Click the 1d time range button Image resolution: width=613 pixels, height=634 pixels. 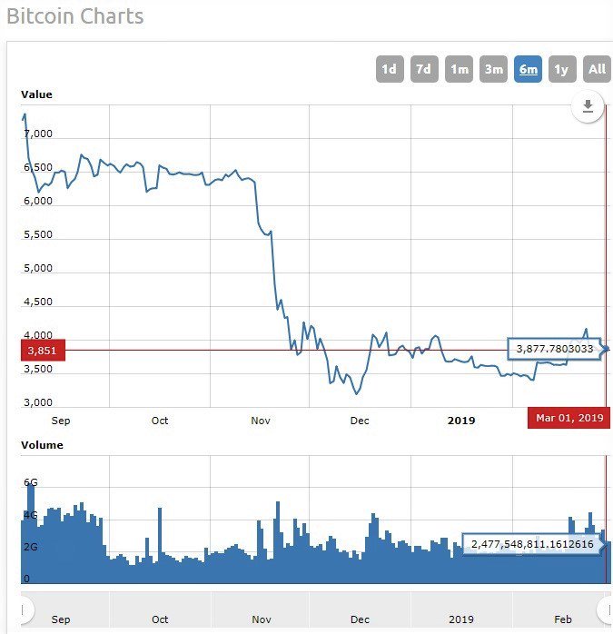coord(389,69)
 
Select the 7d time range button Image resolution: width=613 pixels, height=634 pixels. coord(423,69)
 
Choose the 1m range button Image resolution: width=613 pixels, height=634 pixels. coord(459,69)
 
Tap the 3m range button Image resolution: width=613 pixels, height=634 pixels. coord(493,69)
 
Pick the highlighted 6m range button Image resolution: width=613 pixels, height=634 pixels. coord(528,69)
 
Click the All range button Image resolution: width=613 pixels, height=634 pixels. coord(597,69)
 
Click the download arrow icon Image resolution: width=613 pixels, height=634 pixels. coord(588,107)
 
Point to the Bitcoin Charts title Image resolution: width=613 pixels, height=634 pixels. coord(74,16)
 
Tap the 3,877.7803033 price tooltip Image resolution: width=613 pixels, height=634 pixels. coord(554,349)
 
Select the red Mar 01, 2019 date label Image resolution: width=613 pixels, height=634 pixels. coord(569,418)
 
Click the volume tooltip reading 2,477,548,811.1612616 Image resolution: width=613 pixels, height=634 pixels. coord(531,544)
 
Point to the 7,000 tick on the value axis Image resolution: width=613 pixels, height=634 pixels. coord(37,134)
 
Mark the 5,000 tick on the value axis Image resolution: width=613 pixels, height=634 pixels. coord(37,268)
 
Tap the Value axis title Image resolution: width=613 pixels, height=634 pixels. coord(37,94)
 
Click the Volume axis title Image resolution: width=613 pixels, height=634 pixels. coord(42,445)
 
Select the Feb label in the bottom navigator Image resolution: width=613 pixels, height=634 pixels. coord(563,619)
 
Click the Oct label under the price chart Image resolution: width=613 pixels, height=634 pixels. coord(160,421)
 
